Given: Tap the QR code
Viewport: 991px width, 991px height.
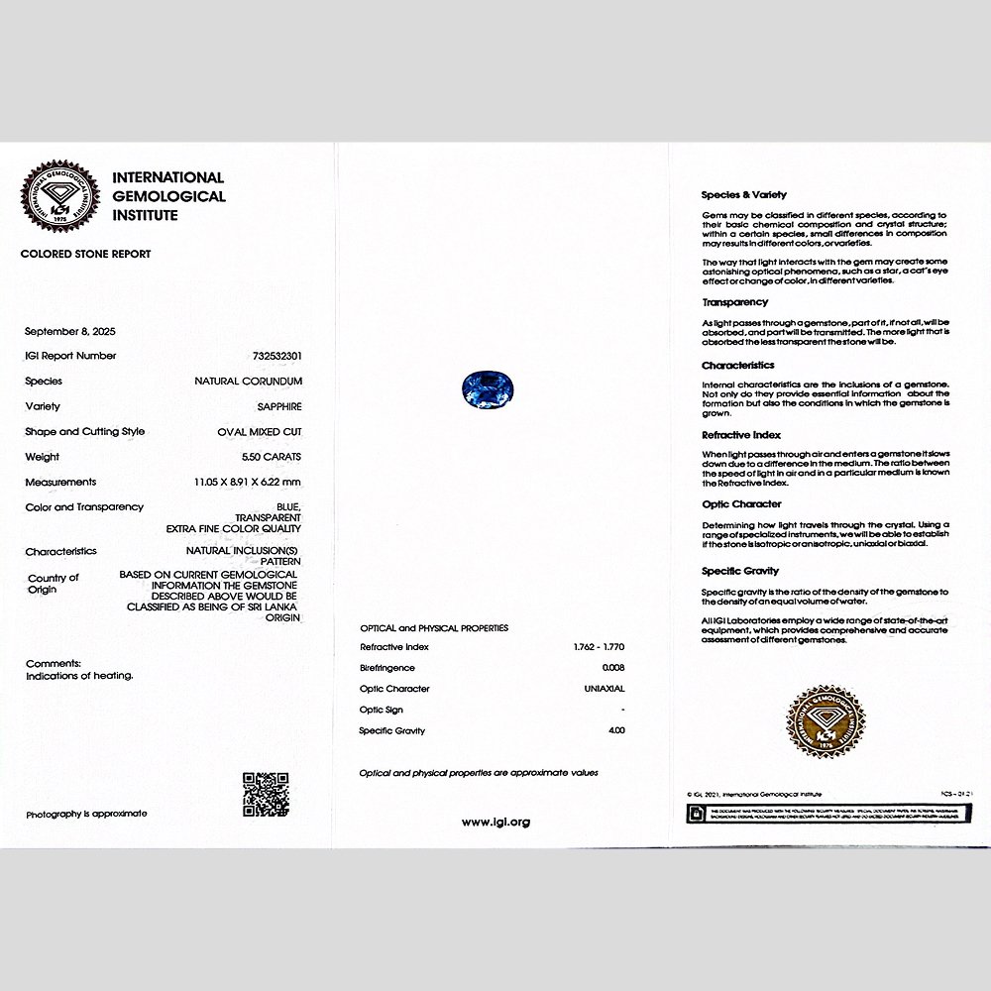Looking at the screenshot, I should (x=266, y=794).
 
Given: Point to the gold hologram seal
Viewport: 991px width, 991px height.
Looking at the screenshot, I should (x=825, y=722).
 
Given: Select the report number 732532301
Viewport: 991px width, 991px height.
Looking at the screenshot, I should (x=271, y=356).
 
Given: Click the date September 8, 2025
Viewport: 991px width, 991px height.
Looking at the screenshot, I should (x=70, y=331).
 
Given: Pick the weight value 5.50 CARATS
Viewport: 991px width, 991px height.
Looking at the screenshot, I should (x=272, y=457).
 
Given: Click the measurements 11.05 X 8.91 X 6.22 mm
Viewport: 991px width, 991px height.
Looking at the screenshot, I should (x=248, y=482).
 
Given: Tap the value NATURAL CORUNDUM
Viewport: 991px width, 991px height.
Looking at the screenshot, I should (x=248, y=381).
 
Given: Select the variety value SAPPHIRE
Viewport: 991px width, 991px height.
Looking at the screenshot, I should (x=279, y=406).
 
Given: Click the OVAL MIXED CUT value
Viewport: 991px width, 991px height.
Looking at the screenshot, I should (x=260, y=432).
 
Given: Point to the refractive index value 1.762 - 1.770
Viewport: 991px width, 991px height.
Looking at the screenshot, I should (x=599, y=647).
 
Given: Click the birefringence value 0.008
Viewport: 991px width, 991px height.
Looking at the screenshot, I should (x=613, y=668).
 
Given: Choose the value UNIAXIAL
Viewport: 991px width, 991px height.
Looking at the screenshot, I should (x=605, y=689).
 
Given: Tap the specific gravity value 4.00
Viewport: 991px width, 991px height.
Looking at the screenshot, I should (x=616, y=730).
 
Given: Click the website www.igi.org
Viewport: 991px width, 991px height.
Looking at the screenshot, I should (x=495, y=822).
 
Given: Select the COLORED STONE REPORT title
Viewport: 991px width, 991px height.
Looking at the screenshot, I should (x=85, y=254).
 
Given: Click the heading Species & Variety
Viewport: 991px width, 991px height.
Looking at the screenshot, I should (x=743, y=195).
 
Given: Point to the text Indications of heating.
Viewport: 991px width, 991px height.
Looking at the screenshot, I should (x=79, y=676).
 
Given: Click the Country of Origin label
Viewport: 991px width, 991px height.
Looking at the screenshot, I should (x=53, y=584).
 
